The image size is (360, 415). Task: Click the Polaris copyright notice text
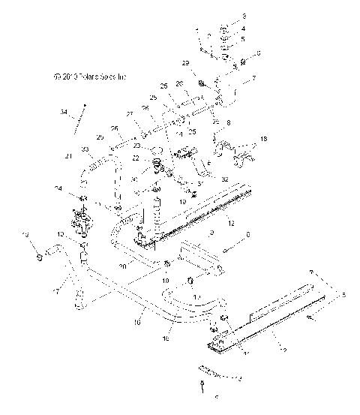click(x=89, y=76)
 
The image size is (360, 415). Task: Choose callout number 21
click(x=67, y=156)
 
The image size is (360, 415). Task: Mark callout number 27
click(x=128, y=114)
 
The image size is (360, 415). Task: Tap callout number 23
click(x=137, y=146)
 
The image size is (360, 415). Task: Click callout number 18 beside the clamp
click(x=263, y=140)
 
